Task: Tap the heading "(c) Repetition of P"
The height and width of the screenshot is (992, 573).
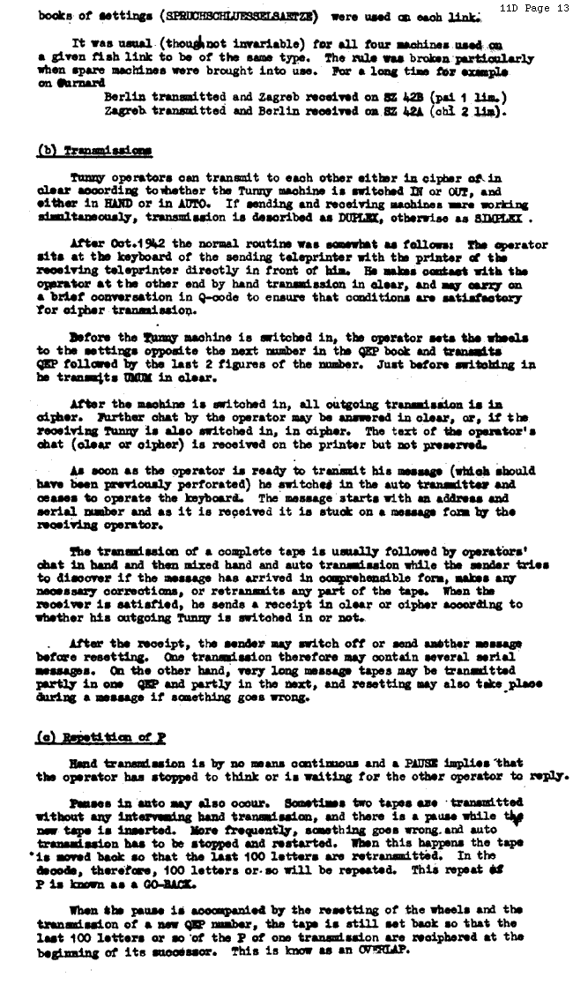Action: point(100,736)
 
